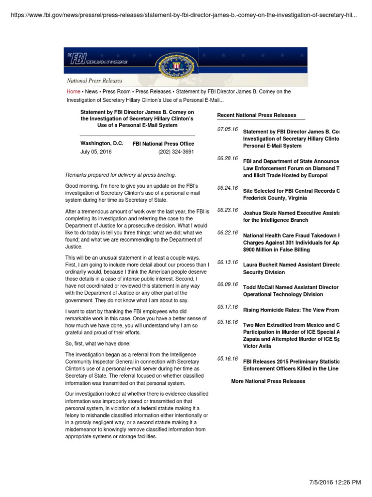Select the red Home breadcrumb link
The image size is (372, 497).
click(73, 91)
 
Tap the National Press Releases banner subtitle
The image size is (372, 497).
click(94, 81)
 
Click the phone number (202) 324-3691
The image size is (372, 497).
click(176, 151)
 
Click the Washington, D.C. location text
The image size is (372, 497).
click(102, 144)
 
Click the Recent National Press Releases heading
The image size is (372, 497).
click(257, 115)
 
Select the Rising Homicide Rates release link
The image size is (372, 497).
click(291, 310)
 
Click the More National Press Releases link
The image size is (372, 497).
click(268, 381)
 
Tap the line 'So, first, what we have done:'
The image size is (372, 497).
click(100, 343)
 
